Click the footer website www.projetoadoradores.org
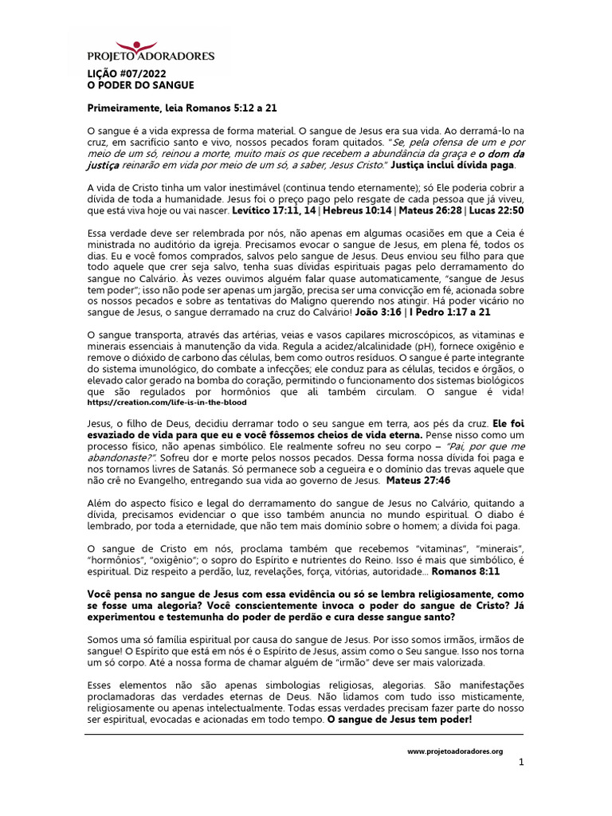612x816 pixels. [455, 751]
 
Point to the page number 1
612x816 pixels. [521, 763]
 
